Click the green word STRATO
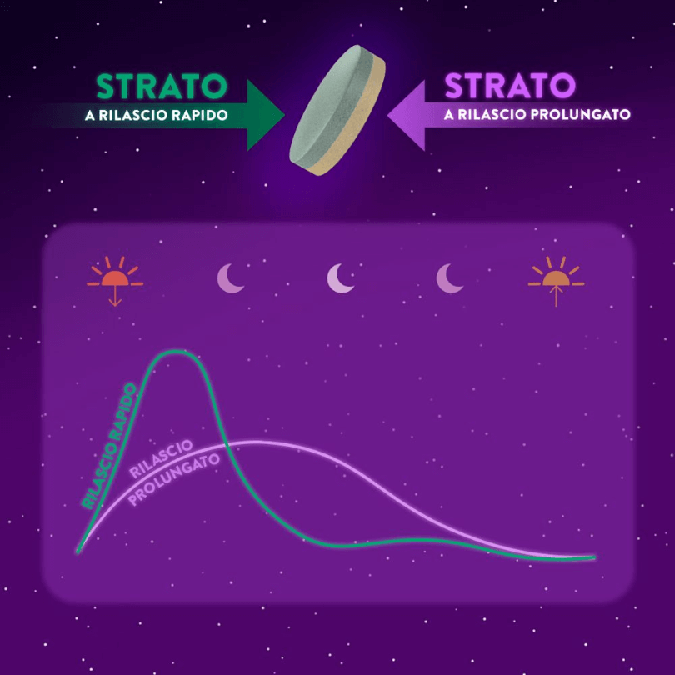[162, 86]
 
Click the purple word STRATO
[510, 85]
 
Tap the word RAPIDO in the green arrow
[199, 115]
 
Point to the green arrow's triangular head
[262, 115]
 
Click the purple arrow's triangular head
[409, 115]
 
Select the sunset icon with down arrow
[115, 281]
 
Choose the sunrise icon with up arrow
[556, 281]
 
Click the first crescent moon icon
[230, 278]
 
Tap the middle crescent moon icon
[340, 278]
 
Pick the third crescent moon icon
[450, 278]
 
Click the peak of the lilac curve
[254, 441]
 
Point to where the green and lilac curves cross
[227, 443]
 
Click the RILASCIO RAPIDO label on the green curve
[109, 447]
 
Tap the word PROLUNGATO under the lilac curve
[174, 480]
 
